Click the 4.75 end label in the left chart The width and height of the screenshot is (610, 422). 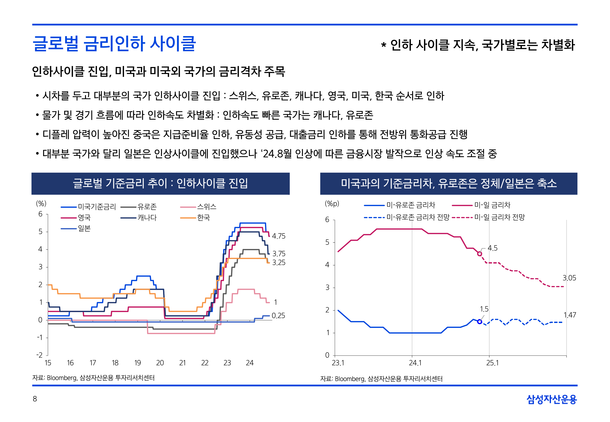pyautogui.click(x=279, y=236)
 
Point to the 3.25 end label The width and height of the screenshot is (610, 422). pyautogui.click(x=279, y=263)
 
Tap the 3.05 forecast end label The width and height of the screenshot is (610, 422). pyautogui.click(x=569, y=278)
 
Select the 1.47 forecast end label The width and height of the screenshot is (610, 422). pyautogui.click(x=569, y=315)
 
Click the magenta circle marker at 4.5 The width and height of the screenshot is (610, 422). pyautogui.click(x=480, y=254)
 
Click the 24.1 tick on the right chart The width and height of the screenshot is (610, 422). pyautogui.click(x=415, y=363)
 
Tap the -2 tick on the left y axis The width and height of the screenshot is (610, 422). pyautogui.click(x=39, y=355)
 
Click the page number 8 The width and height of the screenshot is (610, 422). pyautogui.click(x=35, y=399)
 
